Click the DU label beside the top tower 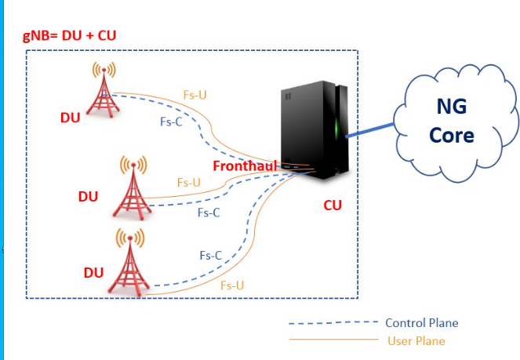[71, 118]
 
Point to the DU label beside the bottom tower [93, 273]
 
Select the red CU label [333, 205]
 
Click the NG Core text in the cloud [452, 120]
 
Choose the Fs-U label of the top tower [195, 95]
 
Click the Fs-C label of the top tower [172, 122]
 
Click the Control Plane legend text [421, 323]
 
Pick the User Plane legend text [416, 341]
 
